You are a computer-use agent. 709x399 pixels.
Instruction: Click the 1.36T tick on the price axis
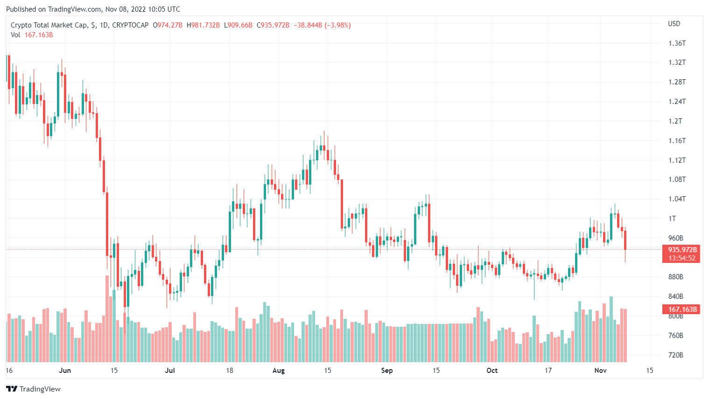pyautogui.click(x=677, y=43)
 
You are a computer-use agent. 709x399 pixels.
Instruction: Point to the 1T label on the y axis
pyautogui.click(x=672, y=219)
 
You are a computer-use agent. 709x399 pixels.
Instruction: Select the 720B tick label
pyautogui.click(x=675, y=355)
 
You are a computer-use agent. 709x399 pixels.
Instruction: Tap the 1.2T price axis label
pyautogui.click(x=675, y=121)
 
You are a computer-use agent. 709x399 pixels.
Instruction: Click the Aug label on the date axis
pyautogui.click(x=278, y=371)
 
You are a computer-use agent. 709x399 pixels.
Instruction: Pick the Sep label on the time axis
pyautogui.click(x=386, y=371)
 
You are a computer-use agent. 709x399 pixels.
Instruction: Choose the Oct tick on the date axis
pyautogui.click(x=492, y=371)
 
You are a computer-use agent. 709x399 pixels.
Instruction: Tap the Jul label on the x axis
pyautogui.click(x=170, y=371)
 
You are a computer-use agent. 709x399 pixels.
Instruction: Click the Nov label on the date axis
pyautogui.click(x=600, y=371)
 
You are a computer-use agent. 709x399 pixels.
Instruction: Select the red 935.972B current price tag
pyautogui.click(x=682, y=250)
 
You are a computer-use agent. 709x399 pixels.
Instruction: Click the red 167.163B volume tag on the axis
pyautogui.click(x=682, y=310)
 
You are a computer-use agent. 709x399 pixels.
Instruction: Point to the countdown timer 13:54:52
pyautogui.click(x=681, y=258)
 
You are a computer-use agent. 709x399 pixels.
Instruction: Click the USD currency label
pyautogui.click(x=674, y=24)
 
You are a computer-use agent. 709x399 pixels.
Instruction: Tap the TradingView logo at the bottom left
pyautogui.click(x=33, y=389)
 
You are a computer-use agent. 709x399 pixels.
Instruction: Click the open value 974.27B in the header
pyautogui.click(x=169, y=25)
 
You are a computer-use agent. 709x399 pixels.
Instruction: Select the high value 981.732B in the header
pyautogui.click(x=205, y=25)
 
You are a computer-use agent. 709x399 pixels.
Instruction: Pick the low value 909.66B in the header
pyautogui.click(x=240, y=25)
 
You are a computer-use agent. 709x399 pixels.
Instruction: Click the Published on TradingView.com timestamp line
pyautogui.click(x=93, y=9)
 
